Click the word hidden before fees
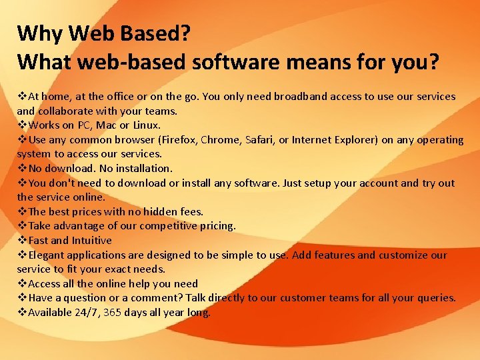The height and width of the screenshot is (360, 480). click(x=158, y=212)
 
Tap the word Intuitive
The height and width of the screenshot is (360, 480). click(x=91, y=241)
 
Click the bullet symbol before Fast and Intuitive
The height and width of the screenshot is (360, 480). click(x=22, y=241)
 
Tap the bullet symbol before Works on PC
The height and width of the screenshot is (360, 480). click(x=22, y=125)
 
